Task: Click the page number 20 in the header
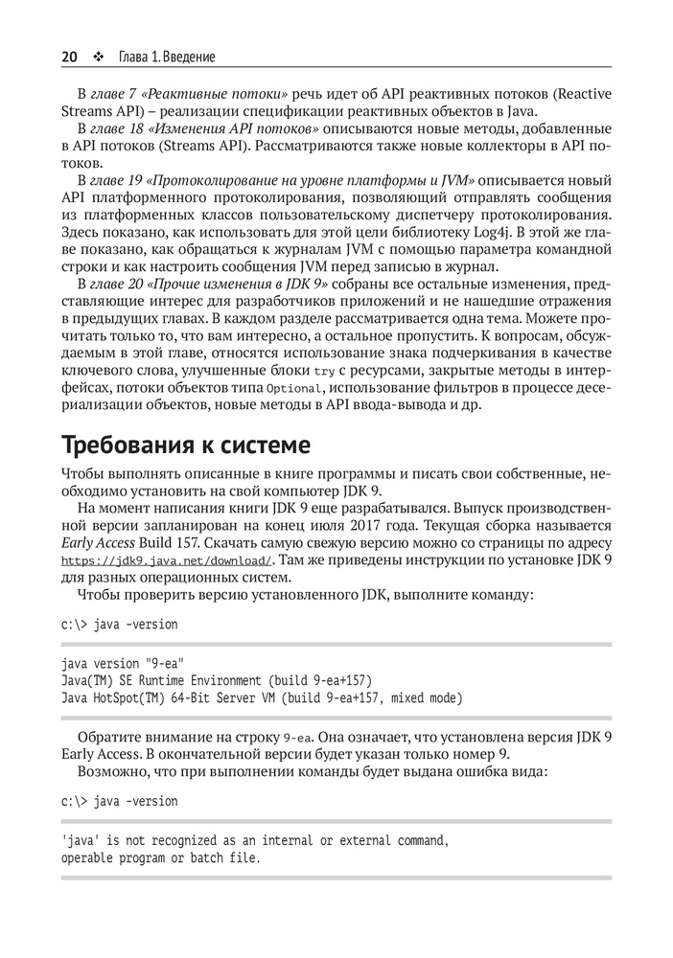pos(69,57)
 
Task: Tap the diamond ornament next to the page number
pos(97,57)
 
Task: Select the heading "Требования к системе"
pos(186,445)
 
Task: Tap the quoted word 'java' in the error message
pos(80,840)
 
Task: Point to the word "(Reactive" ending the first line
pos(580,94)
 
